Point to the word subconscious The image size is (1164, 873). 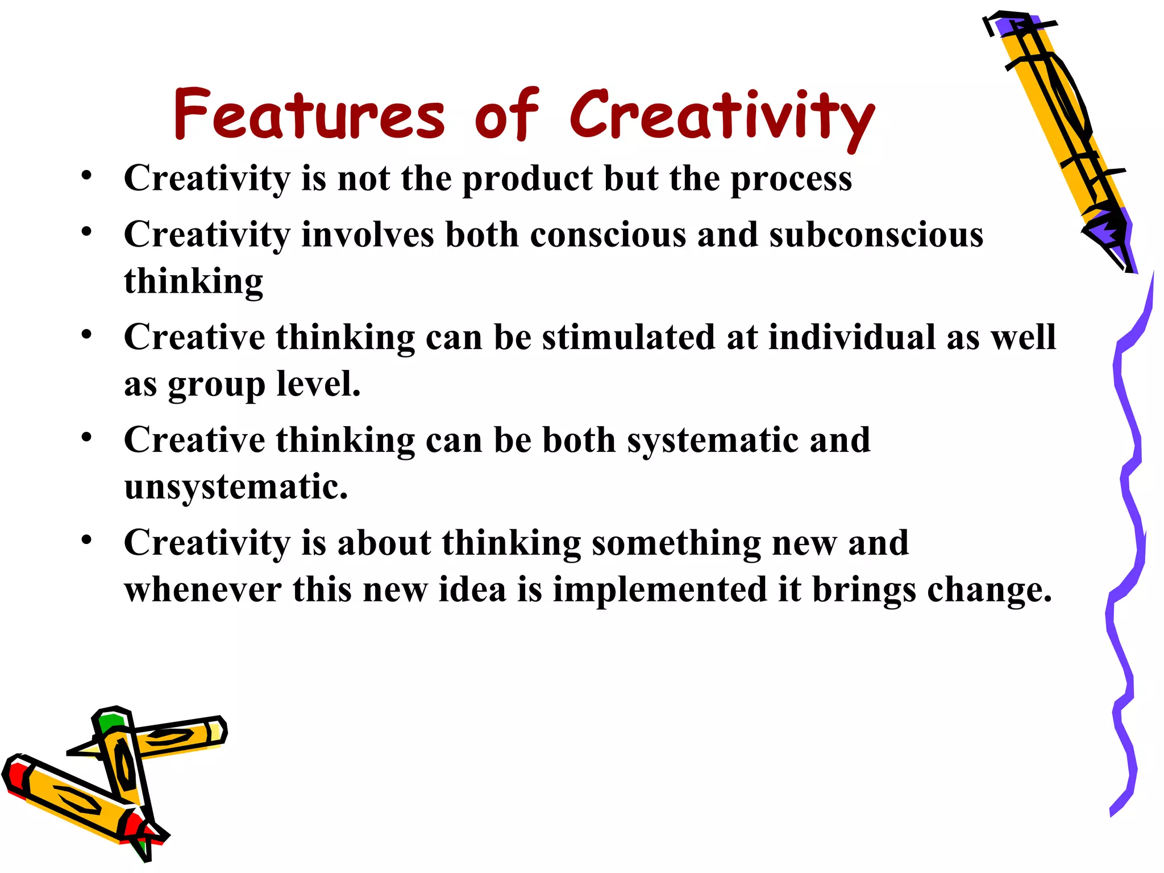coord(876,234)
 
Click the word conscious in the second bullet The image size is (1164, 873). coord(608,235)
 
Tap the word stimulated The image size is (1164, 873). coord(628,337)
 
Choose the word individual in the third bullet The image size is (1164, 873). coord(851,337)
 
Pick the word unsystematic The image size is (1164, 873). coord(235,488)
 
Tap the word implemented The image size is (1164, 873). coord(660,590)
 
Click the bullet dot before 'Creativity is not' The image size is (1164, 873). coord(86,175)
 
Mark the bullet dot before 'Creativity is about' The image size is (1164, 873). coord(86,539)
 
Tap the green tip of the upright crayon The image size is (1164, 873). coord(110,722)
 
